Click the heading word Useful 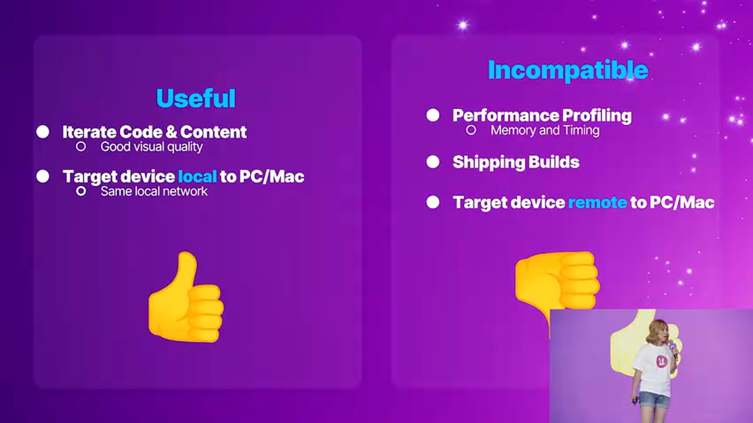point(196,99)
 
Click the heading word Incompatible point(568,70)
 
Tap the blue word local point(197,176)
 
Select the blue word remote point(597,203)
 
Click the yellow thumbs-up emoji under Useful point(185,300)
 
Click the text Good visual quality point(151,147)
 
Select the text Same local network point(154,192)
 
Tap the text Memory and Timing point(545,130)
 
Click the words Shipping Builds point(516,163)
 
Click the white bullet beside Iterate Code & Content point(43,132)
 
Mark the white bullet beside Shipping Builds point(433,162)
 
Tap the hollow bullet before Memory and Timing point(471,130)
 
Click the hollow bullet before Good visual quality point(81,146)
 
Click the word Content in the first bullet point(214,132)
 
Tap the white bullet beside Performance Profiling point(433,115)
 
